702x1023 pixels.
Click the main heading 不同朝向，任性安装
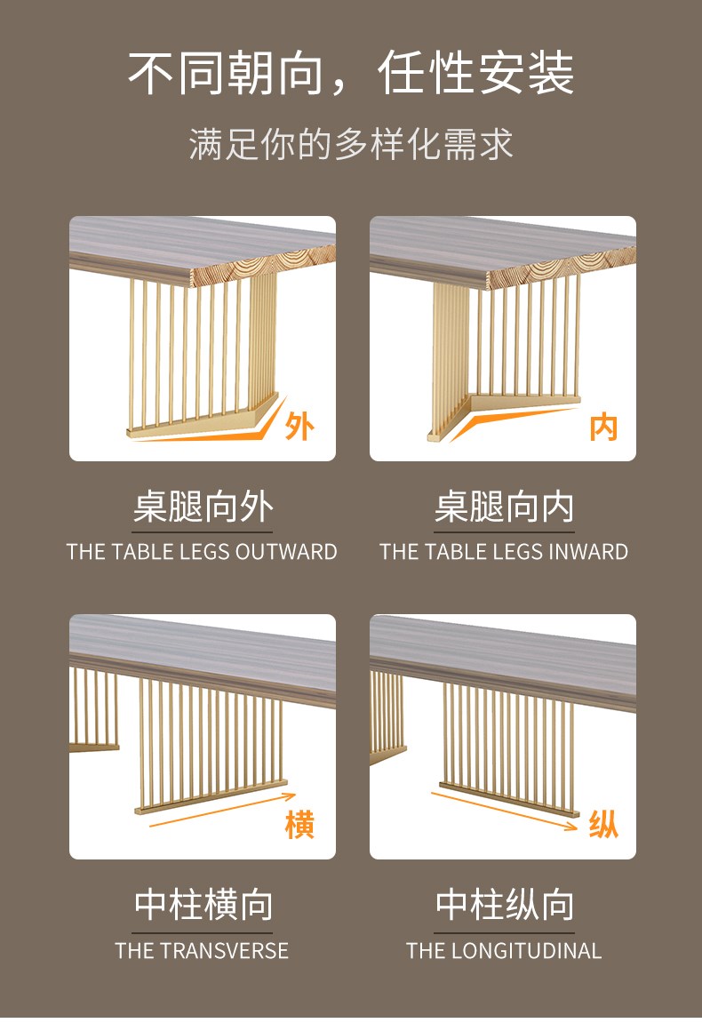[x=351, y=72]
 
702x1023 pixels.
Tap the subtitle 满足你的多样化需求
[x=351, y=144]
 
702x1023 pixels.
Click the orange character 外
[x=299, y=428]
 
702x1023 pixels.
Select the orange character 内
[x=602, y=428]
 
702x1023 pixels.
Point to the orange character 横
[x=299, y=824]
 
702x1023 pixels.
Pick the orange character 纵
[x=602, y=824]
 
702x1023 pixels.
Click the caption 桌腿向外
[x=203, y=507]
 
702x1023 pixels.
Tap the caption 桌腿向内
[x=505, y=507]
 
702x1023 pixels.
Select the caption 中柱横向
[x=203, y=904]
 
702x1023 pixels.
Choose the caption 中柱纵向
[x=505, y=904]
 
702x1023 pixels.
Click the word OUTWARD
[x=286, y=552]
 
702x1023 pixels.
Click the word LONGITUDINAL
[x=526, y=951]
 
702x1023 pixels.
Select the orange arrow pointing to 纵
[x=504, y=811]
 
